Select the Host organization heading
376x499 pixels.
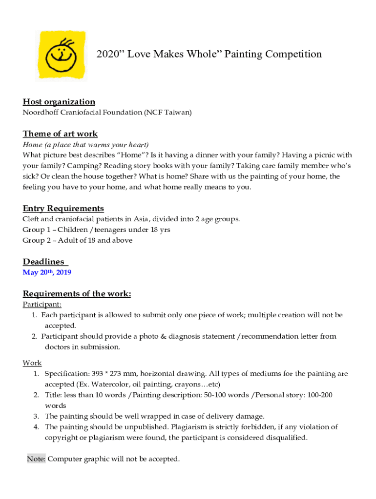pyautogui.click(x=59, y=102)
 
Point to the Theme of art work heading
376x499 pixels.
pyautogui.click(x=60, y=134)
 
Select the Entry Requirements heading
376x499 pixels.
pyautogui.click(x=63, y=209)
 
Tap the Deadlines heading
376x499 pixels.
pyautogui.click(x=44, y=262)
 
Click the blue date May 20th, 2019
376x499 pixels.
pyautogui.click(x=47, y=272)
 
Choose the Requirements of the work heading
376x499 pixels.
pyautogui.click(x=77, y=294)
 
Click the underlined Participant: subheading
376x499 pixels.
pyautogui.click(x=42, y=305)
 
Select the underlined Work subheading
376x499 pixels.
pyautogui.click(x=32, y=363)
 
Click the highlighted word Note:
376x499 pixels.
pyautogui.click(x=37, y=459)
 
